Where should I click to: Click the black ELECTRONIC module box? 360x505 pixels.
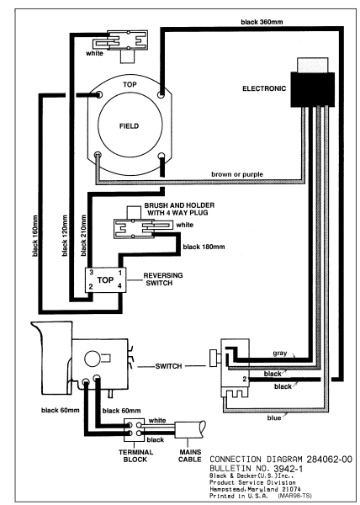tap(312, 89)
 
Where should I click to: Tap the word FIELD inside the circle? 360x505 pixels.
tap(129, 126)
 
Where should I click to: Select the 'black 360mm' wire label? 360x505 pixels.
tap(262, 22)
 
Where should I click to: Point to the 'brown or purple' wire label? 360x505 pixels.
tap(237, 174)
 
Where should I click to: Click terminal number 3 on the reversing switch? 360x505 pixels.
tap(92, 273)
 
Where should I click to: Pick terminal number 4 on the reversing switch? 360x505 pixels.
tap(119, 285)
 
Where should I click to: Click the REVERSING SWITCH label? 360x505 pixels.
tap(163, 279)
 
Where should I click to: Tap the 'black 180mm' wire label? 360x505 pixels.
tap(204, 247)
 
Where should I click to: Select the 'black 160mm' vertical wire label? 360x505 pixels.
tap(35, 236)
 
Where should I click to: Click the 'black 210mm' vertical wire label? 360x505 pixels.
tap(83, 236)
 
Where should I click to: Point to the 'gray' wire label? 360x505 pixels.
tap(280, 353)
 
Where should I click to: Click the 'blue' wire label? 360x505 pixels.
tap(274, 417)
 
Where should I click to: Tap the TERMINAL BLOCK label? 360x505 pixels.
tap(135, 455)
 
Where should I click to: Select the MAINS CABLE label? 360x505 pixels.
tap(190, 455)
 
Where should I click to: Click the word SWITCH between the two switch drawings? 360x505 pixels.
tap(168, 366)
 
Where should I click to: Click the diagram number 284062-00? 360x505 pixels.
tap(329, 460)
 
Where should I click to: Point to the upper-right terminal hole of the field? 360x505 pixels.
tap(161, 94)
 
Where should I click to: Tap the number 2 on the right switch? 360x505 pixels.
tap(245, 379)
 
